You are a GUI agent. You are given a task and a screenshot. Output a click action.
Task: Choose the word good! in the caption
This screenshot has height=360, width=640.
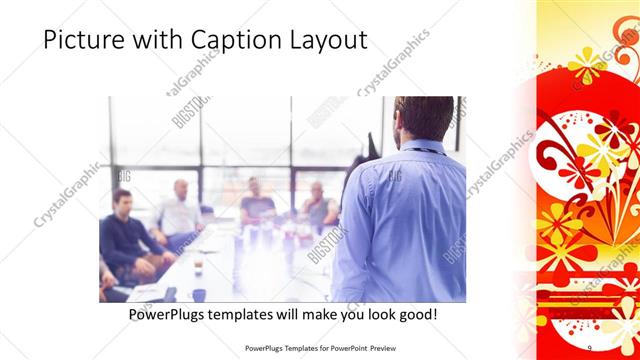pos(417,315)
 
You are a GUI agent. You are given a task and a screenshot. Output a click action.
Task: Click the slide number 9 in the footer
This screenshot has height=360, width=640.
pos(589,347)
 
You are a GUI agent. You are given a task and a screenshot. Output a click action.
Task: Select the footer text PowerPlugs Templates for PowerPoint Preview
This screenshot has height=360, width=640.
pos(319,347)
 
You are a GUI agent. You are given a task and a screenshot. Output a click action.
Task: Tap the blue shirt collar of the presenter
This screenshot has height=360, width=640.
pos(418,147)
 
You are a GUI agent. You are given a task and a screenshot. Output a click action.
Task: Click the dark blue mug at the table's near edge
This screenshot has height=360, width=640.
pos(199,295)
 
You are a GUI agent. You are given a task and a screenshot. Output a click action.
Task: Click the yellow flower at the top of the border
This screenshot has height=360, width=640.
pos(585,65)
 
